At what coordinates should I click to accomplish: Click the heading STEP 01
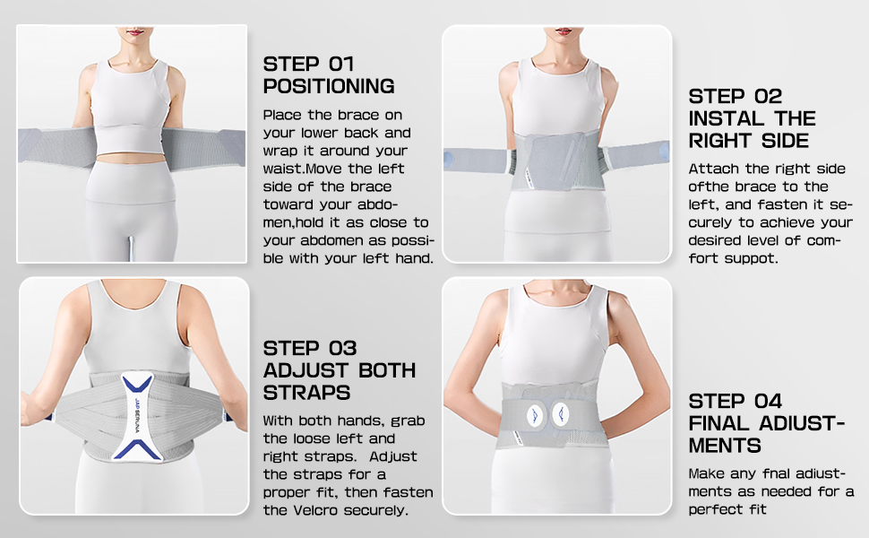(309, 64)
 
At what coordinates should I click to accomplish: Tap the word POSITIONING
(329, 87)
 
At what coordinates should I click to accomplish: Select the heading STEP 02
(736, 96)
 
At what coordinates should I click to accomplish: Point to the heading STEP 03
(310, 347)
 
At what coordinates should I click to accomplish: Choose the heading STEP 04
(736, 400)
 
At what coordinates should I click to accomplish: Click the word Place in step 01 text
(282, 115)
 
